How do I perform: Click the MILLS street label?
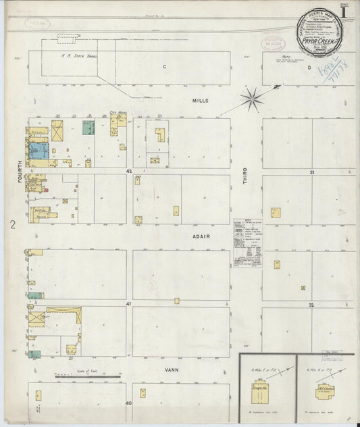coord(200,100)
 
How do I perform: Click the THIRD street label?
coord(245,176)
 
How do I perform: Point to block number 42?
coord(128,172)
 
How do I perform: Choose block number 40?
coord(128,403)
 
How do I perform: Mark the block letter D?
coord(311,68)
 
